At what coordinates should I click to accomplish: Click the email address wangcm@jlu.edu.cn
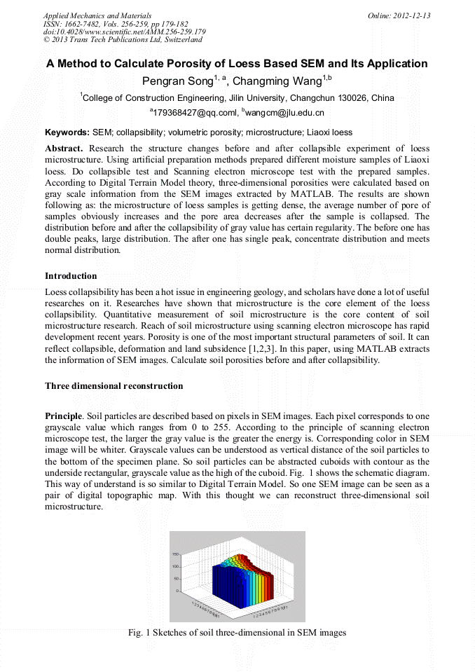point(285,112)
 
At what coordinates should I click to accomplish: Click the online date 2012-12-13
point(412,15)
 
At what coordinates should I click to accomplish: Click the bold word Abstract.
point(64,149)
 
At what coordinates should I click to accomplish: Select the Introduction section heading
point(71,276)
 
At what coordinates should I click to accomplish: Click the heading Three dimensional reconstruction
point(113,386)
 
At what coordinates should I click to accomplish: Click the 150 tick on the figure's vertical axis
point(176,555)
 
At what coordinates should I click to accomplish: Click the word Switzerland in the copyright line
point(179,41)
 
